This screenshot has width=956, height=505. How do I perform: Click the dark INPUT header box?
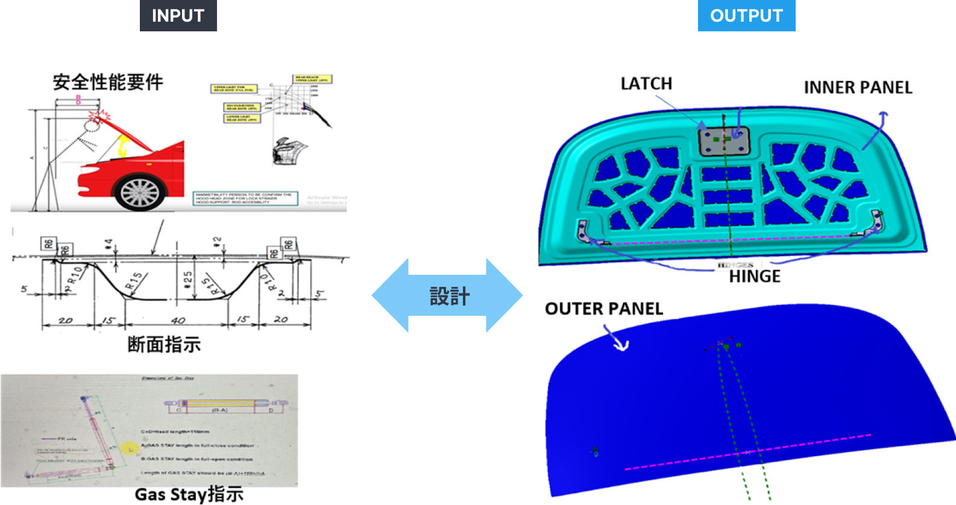[x=178, y=16]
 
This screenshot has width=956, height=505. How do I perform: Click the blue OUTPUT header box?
[x=746, y=16]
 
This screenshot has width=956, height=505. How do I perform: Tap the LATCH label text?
[x=646, y=84]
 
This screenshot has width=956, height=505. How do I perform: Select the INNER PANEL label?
[x=858, y=88]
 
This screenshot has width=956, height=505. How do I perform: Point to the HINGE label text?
[x=755, y=277]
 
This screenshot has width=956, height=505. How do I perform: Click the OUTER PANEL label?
[x=604, y=309]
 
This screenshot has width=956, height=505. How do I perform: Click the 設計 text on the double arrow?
[x=449, y=296]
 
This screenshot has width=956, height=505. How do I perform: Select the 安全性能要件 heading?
[x=108, y=82]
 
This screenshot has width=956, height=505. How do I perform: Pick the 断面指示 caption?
[x=164, y=345]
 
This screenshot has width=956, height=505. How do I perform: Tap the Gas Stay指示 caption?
[x=189, y=494]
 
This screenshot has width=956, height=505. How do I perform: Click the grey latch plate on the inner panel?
[x=724, y=142]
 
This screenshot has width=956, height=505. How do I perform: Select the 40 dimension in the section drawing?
[x=178, y=320]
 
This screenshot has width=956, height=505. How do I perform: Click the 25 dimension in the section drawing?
[x=188, y=278]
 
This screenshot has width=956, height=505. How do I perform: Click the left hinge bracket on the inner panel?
[x=583, y=231]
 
